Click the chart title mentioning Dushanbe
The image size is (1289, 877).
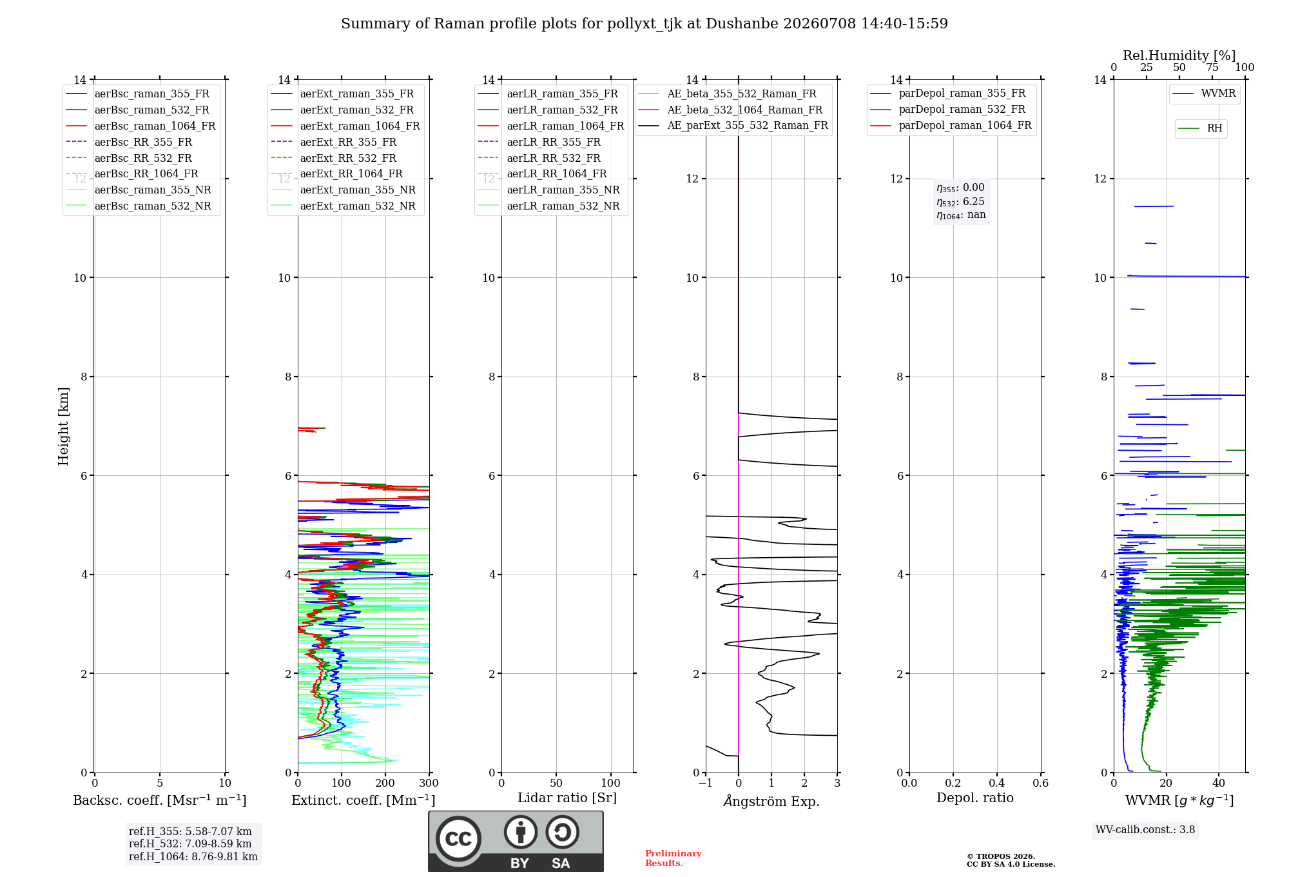[644, 24]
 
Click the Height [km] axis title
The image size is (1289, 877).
[63, 426]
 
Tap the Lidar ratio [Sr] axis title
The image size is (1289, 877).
[567, 798]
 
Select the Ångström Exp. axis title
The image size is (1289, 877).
[771, 801]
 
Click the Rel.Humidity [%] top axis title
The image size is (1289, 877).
[1179, 55]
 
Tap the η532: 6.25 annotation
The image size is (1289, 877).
[960, 202]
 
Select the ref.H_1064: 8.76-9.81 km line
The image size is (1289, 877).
[193, 856]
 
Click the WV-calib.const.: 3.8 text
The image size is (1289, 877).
[1145, 830]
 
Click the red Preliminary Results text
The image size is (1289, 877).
[674, 858]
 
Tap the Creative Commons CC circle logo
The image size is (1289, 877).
[458, 839]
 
